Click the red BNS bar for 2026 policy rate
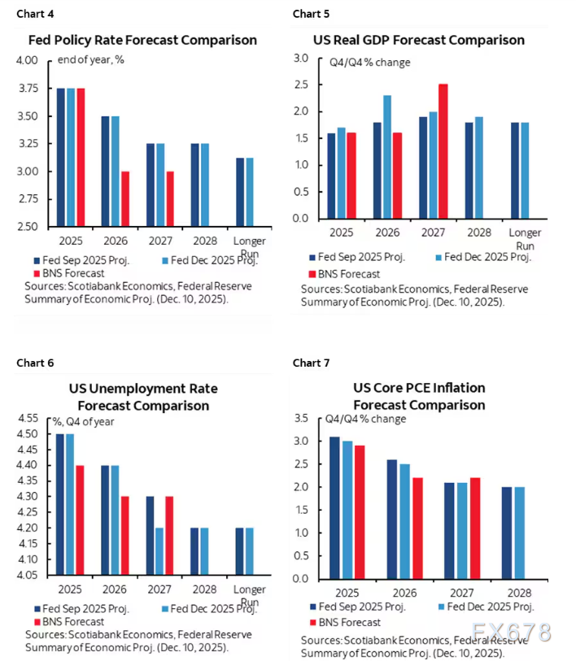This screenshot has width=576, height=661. click(124, 198)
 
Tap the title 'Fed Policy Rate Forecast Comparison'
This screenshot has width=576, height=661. click(142, 40)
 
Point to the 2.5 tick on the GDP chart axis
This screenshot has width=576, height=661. click(301, 85)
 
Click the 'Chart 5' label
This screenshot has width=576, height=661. click(311, 14)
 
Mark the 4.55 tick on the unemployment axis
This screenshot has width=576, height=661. click(26, 418)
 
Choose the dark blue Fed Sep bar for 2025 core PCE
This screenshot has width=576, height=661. click(335, 508)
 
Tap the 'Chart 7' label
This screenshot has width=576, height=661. click(311, 363)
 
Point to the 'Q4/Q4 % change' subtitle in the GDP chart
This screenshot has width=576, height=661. click(369, 63)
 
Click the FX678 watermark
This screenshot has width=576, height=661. click(510, 632)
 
